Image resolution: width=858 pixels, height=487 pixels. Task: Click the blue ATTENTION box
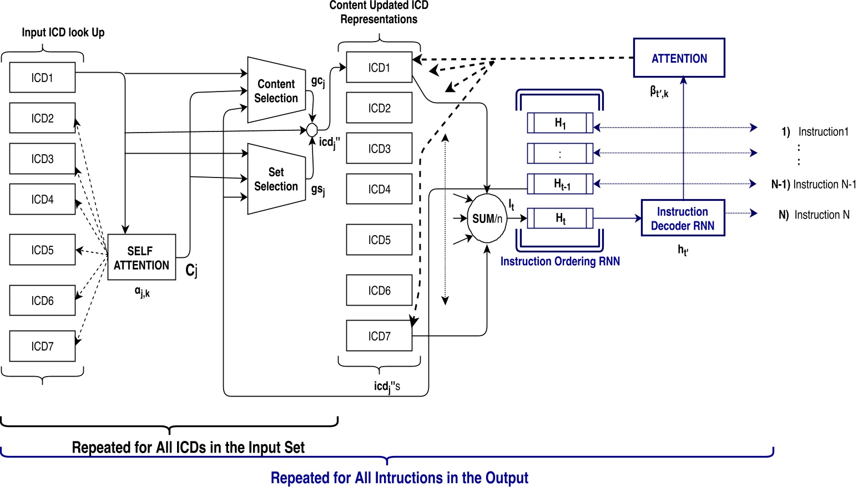pos(679,58)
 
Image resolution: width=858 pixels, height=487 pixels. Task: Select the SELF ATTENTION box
pos(142,257)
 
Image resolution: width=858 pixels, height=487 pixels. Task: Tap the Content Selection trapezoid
pos(276,90)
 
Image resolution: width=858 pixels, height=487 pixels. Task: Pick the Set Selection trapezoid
pos(276,179)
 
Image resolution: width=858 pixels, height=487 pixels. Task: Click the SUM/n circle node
pos(487,219)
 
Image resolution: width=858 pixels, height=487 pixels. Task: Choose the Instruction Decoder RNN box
pos(683,218)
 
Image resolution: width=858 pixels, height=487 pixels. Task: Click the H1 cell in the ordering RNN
pos(560,123)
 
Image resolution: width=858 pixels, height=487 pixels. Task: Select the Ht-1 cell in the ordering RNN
pos(560,184)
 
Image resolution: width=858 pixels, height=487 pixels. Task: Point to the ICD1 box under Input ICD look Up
pos(42,78)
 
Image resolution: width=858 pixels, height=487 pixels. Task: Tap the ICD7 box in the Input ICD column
pos(42,346)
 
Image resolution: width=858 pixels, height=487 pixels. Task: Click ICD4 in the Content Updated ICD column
pos(379,189)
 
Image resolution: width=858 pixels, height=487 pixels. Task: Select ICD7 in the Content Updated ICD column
pos(379,336)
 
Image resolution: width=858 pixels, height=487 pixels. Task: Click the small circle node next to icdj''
pos(312,130)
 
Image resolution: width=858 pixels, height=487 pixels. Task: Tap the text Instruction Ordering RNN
pos(560,261)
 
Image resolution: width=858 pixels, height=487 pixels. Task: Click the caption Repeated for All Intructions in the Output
pos(399,478)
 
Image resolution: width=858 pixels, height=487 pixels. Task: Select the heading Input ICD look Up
pos(63,32)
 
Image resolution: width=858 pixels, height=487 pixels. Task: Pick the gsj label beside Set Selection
pos(317,190)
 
